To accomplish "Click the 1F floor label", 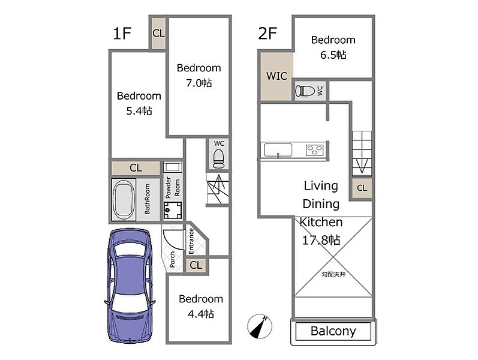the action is (122, 33).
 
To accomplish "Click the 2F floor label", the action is (267, 33).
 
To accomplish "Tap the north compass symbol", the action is (260, 326).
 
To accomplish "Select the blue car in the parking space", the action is (130, 286).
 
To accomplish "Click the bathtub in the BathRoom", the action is (124, 200).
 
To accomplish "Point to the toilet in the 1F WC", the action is (218, 159).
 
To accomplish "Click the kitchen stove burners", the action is (315, 151).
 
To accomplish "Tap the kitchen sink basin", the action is (278, 150).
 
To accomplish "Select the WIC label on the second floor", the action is (276, 76).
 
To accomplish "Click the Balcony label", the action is (333, 331).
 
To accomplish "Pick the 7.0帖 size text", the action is (199, 83).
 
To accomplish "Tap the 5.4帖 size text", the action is (139, 111).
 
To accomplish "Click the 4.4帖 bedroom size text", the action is (201, 314).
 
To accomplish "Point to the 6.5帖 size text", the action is (333, 55).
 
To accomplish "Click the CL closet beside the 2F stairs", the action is (362, 188).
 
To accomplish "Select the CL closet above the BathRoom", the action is (136, 168).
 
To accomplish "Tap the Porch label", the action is (172, 259).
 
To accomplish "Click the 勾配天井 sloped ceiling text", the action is (333, 274).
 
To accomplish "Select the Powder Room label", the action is (173, 188).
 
